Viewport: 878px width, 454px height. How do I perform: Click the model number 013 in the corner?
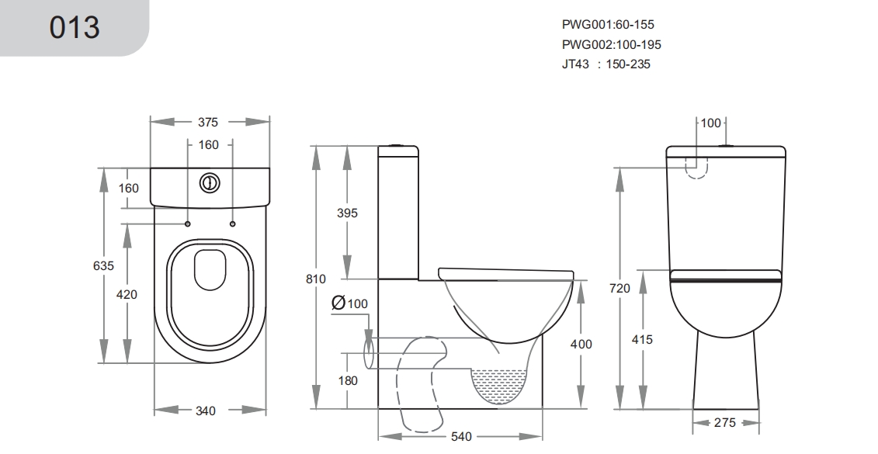(x=75, y=27)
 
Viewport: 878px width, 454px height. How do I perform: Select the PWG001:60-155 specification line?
(x=608, y=25)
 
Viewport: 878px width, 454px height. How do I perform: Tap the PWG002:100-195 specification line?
(x=612, y=44)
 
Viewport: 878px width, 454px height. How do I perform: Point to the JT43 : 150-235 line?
(x=606, y=64)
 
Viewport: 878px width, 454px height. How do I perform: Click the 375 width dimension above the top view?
(x=208, y=122)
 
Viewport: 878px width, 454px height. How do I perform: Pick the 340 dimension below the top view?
(x=206, y=411)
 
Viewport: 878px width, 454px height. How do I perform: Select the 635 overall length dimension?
(x=103, y=265)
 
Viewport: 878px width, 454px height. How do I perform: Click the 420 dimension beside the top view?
(x=127, y=294)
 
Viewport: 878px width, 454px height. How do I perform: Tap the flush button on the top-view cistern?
(x=210, y=183)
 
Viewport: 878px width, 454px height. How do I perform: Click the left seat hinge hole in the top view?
(x=188, y=224)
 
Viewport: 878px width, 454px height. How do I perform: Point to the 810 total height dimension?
(x=316, y=279)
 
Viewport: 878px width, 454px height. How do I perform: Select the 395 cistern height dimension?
(x=347, y=213)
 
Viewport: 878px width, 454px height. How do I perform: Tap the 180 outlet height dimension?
(x=348, y=381)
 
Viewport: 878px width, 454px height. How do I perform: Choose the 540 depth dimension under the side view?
(x=461, y=437)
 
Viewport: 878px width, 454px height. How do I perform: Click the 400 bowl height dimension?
(x=581, y=344)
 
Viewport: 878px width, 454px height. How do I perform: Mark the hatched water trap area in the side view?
(x=500, y=384)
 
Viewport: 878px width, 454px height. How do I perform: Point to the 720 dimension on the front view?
(x=619, y=288)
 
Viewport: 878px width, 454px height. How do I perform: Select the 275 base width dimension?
(x=725, y=423)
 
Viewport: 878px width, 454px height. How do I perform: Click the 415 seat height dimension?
(x=642, y=339)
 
